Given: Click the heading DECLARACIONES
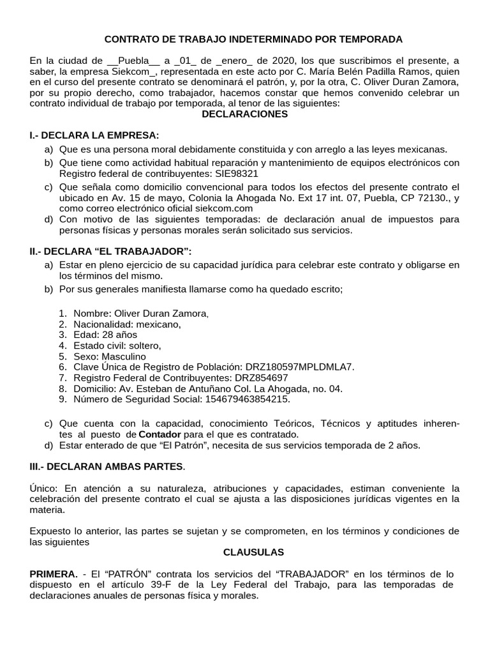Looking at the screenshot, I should click(244, 114).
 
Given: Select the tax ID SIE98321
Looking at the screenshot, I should click(236, 174).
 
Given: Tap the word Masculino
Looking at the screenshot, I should click(123, 356).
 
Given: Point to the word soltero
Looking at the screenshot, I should click(144, 346).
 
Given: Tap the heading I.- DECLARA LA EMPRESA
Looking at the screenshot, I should click(94, 135).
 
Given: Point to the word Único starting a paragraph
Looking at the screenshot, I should click(44, 489).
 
